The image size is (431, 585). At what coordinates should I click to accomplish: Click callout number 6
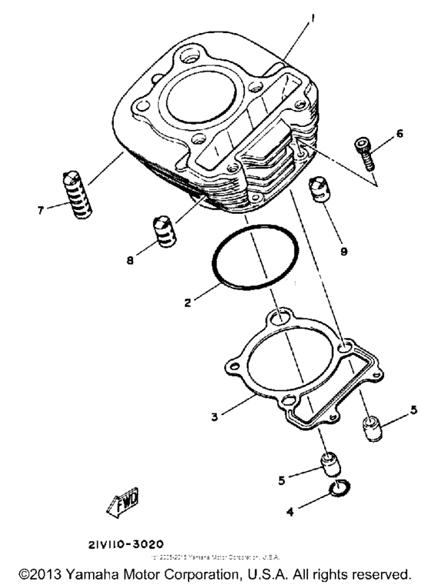pyautogui.click(x=399, y=132)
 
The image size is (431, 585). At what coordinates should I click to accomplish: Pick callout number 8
pyautogui.click(x=129, y=260)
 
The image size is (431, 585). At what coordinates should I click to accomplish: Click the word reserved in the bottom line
pyautogui.click(x=379, y=573)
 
